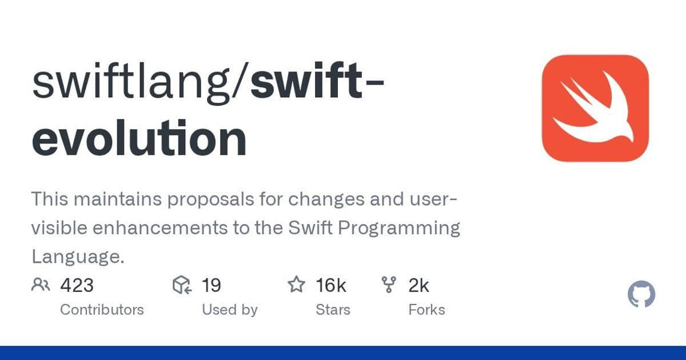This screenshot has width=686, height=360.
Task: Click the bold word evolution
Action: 139,139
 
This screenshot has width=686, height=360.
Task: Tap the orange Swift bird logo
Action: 595,108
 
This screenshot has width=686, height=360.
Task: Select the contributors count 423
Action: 77,285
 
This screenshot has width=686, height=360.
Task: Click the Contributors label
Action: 102,310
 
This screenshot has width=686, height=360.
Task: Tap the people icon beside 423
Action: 42,285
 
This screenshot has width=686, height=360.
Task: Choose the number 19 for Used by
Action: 211,285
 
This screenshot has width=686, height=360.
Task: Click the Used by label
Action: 229,310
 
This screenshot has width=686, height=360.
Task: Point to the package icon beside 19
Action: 181,285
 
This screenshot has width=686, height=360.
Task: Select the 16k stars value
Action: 330,285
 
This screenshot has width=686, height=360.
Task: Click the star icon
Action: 296,285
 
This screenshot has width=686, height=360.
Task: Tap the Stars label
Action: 333,310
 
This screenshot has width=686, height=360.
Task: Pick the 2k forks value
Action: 418,285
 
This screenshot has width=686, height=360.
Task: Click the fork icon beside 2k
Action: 389,285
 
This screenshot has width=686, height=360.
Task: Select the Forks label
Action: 426,310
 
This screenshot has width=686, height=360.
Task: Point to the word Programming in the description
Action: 399,228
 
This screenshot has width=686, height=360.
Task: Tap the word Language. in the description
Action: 78,257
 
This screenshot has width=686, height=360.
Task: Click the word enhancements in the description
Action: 150,228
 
